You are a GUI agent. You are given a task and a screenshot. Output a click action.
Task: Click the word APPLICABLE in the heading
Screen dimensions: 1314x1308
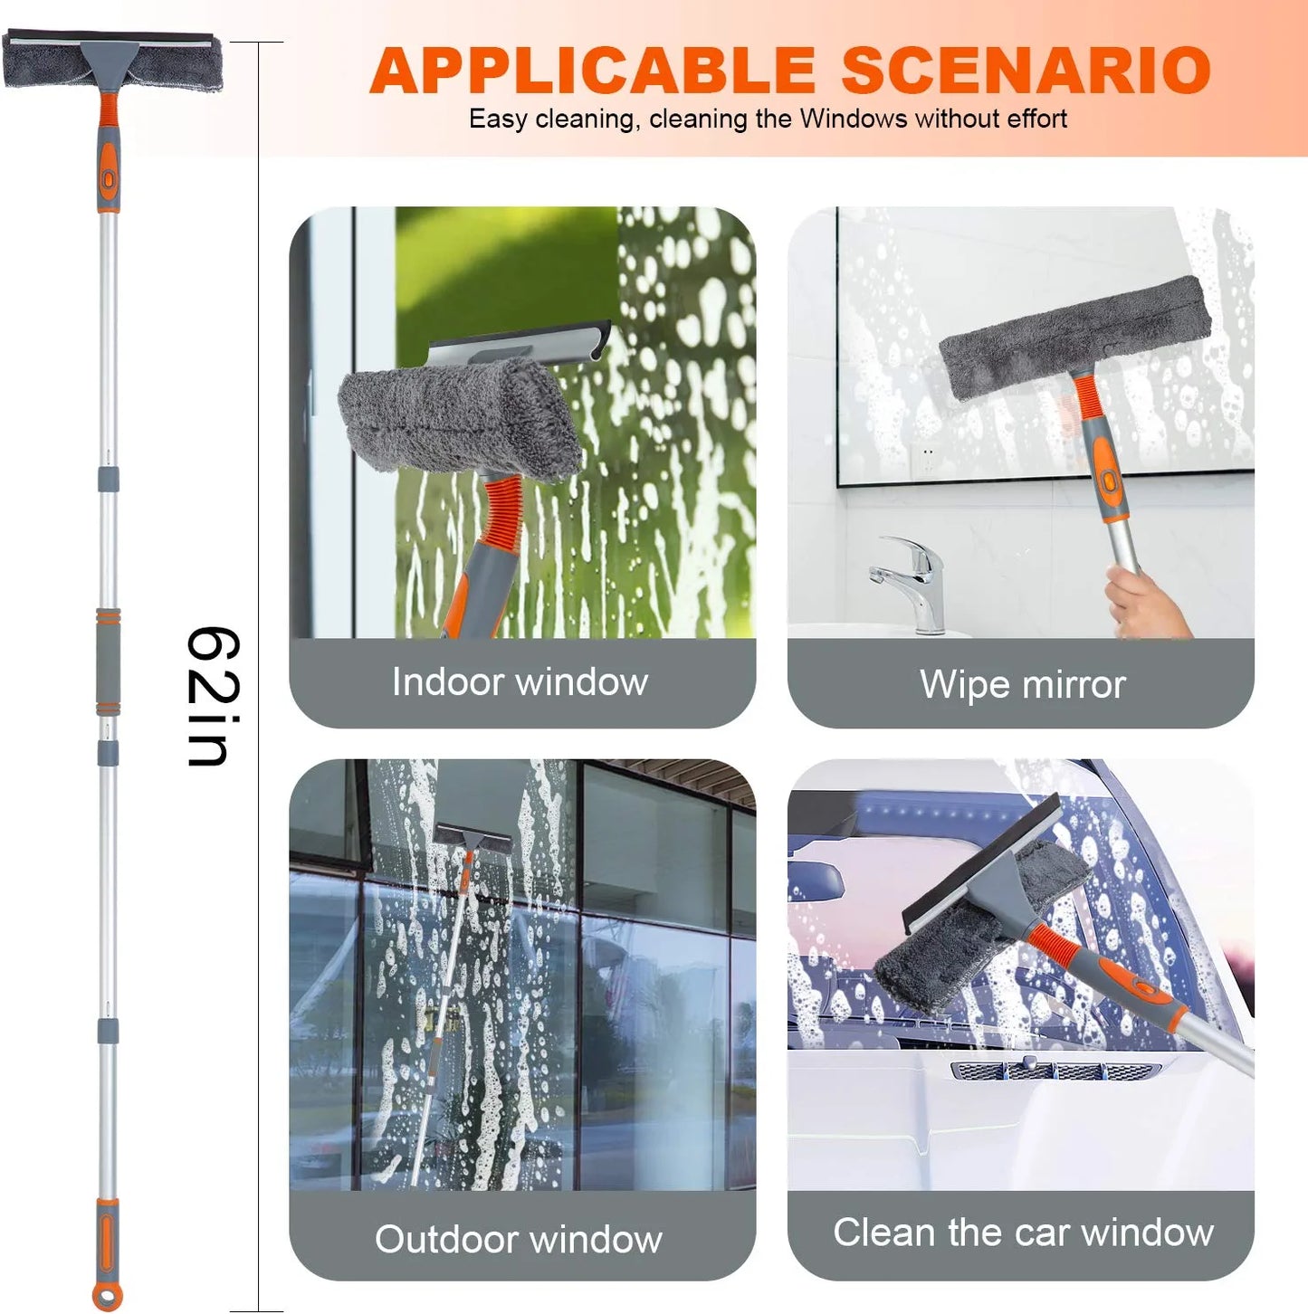(593, 70)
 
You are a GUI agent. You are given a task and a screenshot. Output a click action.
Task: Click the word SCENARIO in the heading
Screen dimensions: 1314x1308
(1026, 70)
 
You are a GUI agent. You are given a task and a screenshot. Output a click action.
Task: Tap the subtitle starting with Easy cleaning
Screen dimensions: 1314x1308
(768, 119)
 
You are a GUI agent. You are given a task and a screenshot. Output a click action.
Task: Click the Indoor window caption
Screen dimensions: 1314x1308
(520, 681)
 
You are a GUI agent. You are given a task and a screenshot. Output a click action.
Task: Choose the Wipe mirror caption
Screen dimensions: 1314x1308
(1022, 684)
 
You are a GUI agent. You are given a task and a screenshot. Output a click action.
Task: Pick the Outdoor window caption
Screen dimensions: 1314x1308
(519, 1238)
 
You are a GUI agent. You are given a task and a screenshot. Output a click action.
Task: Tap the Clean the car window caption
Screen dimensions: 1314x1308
(1023, 1233)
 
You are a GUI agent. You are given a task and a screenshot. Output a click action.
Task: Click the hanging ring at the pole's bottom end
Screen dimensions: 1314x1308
(108, 1296)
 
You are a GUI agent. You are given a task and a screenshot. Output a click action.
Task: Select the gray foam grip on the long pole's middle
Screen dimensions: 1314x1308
(108, 662)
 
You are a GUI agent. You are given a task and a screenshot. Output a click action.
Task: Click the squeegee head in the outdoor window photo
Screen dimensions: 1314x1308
(473, 837)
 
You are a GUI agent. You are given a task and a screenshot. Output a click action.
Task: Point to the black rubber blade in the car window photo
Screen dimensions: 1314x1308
(981, 865)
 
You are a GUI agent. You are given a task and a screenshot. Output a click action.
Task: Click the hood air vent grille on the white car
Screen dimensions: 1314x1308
(1055, 1071)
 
